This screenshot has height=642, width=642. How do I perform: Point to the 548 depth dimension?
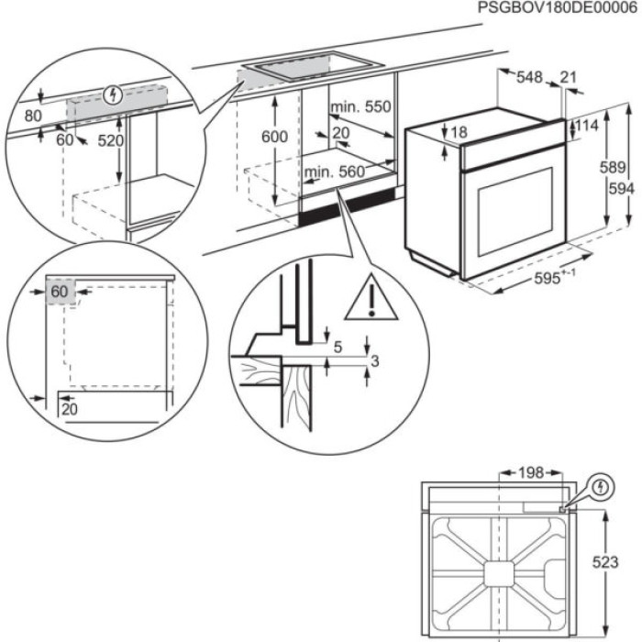(529, 79)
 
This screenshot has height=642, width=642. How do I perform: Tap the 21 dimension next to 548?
(568, 79)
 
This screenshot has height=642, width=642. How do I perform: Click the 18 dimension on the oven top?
(459, 132)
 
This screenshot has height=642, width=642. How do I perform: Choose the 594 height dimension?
(627, 188)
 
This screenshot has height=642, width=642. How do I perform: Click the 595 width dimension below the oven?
(553, 280)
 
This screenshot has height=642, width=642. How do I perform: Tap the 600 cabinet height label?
(273, 137)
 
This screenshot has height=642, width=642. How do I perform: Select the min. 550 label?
(360, 107)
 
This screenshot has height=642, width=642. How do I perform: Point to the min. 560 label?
(335, 172)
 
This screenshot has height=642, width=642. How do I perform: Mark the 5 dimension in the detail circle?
(338, 347)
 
